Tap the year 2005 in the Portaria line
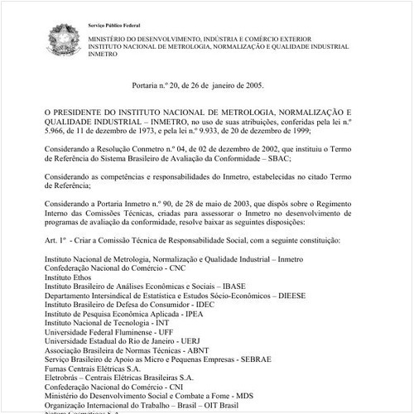(x=253, y=85)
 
